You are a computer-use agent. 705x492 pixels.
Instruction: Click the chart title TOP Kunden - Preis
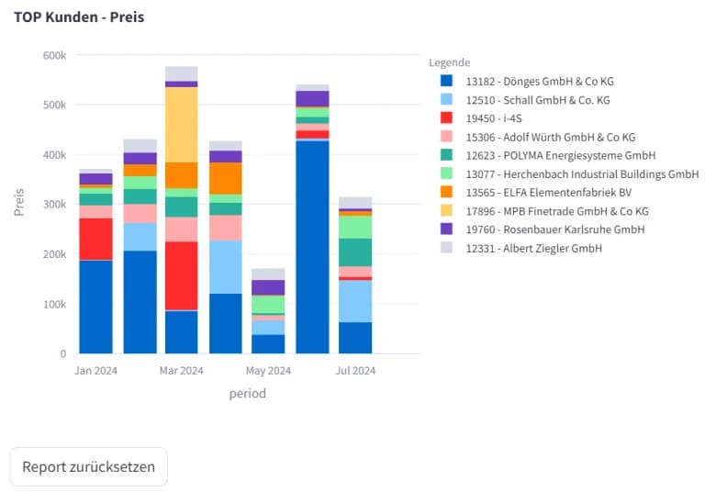[79, 17]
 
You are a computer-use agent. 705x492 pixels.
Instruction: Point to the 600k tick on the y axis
[54, 55]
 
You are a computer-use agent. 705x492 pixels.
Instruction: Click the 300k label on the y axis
[54, 205]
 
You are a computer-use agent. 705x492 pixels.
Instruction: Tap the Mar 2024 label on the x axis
[182, 371]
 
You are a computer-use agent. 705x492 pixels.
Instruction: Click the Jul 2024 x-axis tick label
[355, 371]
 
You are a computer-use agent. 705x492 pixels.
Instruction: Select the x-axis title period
[247, 394]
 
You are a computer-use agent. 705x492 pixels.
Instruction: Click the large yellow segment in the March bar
[182, 125]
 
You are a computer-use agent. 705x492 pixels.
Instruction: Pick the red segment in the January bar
[95, 239]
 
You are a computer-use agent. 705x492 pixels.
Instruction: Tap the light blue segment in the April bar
[225, 266]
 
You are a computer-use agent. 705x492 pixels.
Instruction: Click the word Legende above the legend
[450, 62]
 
